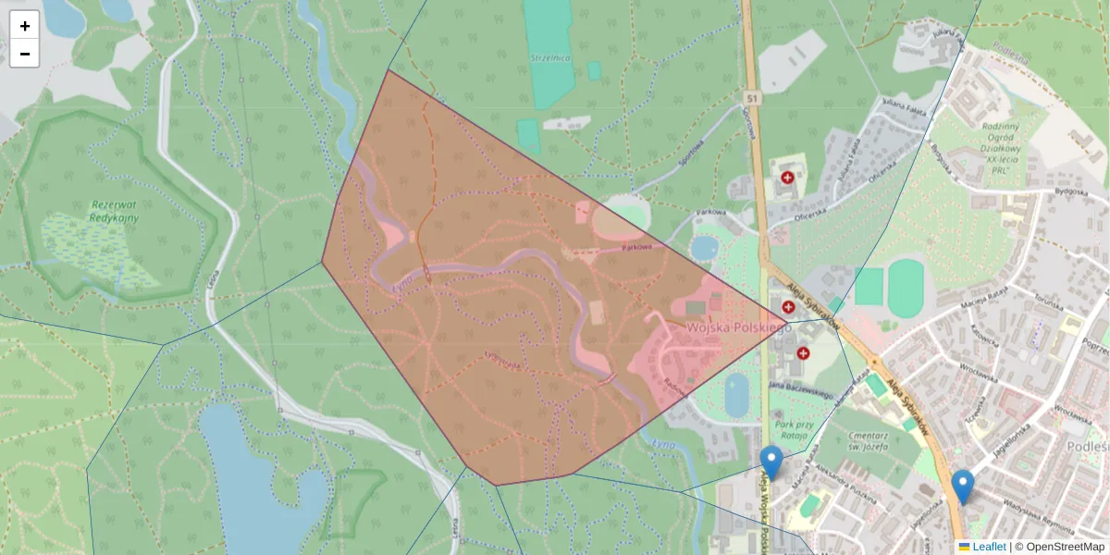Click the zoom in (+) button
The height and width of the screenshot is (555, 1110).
pyautogui.click(x=25, y=26)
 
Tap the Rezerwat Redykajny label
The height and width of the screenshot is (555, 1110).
pyautogui.click(x=115, y=210)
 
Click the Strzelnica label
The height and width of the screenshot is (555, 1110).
pyautogui.click(x=550, y=58)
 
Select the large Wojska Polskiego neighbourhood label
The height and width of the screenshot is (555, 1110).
pyautogui.click(x=737, y=328)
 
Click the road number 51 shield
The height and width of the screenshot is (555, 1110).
pyautogui.click(x=753, y=96)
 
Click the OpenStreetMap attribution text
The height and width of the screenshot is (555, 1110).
pyautogui.click(x=1059, y=547)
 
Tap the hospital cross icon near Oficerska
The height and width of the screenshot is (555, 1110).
pyautogui.click(x=787, y=177)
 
